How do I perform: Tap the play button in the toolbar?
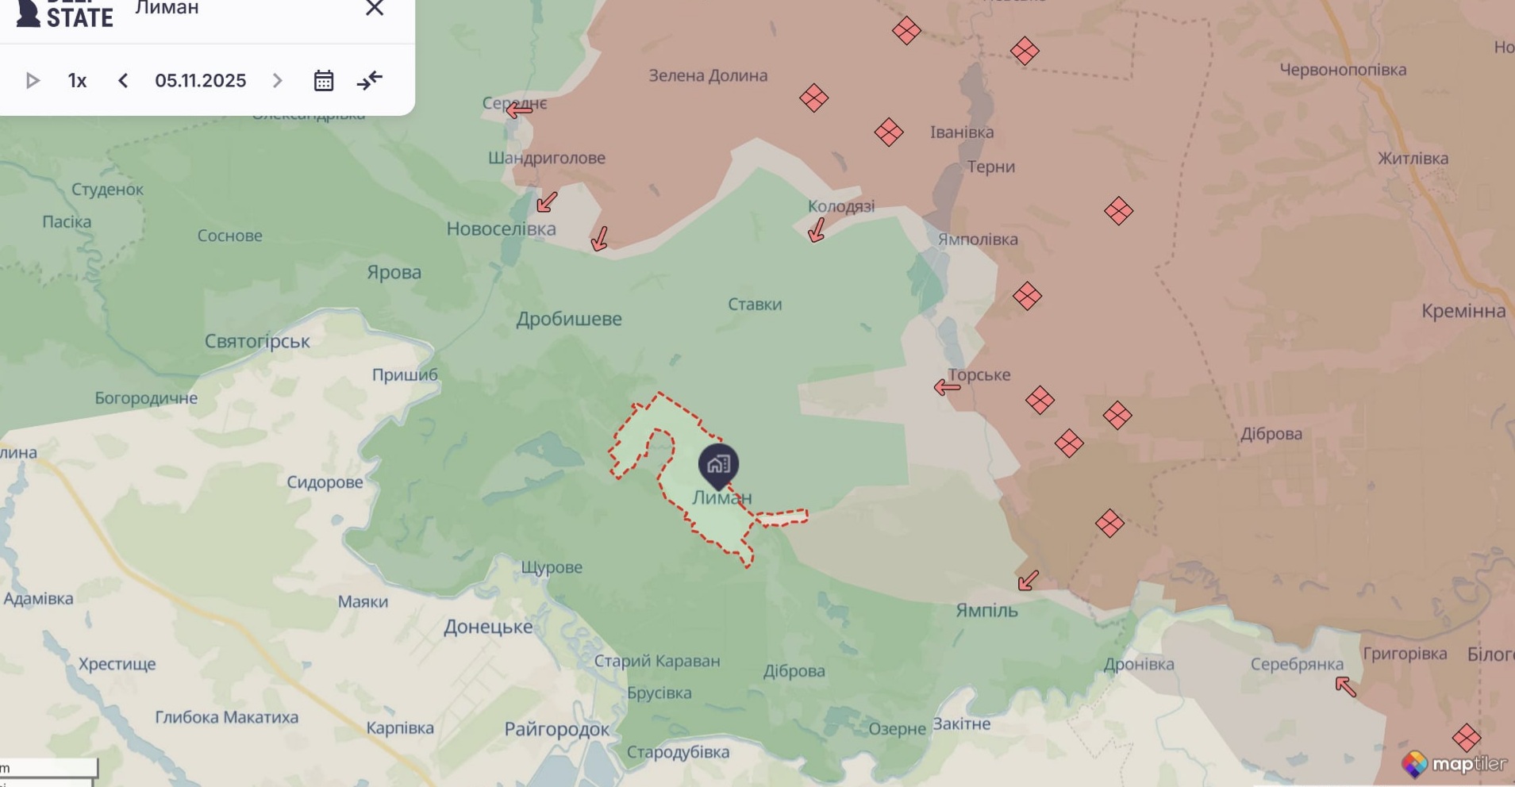(x=33, y=81)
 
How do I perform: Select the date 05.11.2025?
(x=200, y=81)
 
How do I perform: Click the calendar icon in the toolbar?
(x=323, y=81)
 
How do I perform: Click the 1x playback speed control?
(x=77, y=81)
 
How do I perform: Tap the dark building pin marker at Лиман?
(x=718, y=465)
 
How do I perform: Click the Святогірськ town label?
(x=257, y=342)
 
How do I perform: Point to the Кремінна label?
(x=1463, y=311)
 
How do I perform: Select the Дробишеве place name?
(x=569, y=319)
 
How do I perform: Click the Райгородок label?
(x=557, y=729)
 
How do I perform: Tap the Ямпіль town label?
(x=986, y=610)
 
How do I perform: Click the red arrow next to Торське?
(x=947, y=387)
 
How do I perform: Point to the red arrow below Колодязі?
(x=816, y=230)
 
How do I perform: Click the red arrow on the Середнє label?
(x=519, y=110)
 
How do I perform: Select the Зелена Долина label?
(x=708, y=76)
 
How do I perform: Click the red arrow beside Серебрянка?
(x=1345, y=686)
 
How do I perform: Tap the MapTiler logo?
(x=1454, y=763)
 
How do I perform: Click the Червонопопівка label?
(x=1343, y=70)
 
